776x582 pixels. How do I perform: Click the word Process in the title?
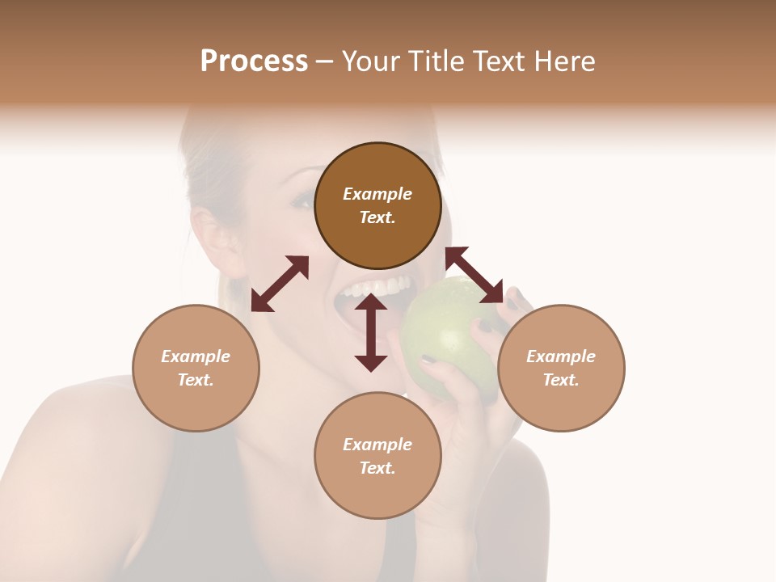click(254, 61)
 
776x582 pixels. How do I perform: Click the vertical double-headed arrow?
click(371, 332)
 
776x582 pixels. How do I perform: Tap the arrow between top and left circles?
click(280, 284)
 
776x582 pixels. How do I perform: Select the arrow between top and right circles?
click(474, 275)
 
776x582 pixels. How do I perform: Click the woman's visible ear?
click(212, 234)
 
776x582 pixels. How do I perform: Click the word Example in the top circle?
click(377, 194)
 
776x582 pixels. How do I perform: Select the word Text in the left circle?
click(196, 380)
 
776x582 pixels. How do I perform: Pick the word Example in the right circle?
click(561, 356)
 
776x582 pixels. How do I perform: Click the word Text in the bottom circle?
click(377, 468)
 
